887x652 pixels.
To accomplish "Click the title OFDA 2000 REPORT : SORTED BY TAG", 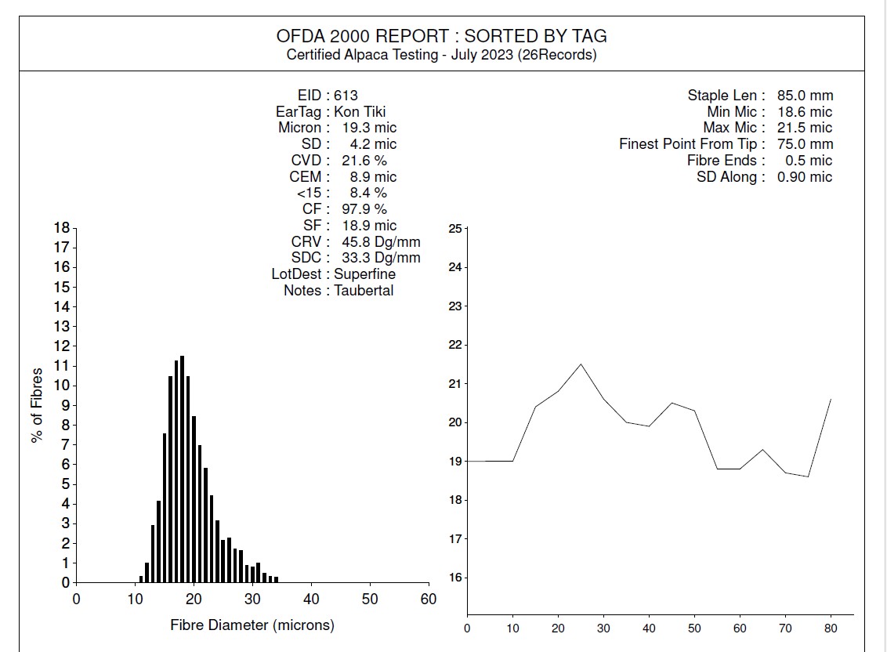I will (x=442, y=36).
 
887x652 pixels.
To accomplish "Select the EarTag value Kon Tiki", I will (x=360, y=111).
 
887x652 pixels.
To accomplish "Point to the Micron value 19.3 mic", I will (x=369, y=128).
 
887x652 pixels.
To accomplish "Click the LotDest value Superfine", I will (x=364, y=274).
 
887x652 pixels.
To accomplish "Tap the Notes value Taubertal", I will (x=364, y=291).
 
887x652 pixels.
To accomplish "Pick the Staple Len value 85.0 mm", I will (x=805, y=96).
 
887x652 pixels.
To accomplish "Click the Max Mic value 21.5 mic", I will (x=805, y=128).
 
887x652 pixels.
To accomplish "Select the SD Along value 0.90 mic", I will (x=805, y=177).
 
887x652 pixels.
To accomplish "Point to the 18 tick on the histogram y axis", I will (x=61, y=228).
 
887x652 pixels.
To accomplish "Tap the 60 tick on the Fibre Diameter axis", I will (x=429, y=599).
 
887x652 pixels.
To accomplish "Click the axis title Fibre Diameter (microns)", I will (x=252, y=625).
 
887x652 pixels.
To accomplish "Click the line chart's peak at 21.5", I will (x=581, y=364).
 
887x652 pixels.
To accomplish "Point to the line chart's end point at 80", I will (x=831, y=399).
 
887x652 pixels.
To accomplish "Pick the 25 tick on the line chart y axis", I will (x=455, y=229).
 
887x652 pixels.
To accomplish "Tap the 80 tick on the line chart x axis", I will (x=831, y=628).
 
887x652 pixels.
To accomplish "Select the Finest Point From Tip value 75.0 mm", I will (x=805, y=144).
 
